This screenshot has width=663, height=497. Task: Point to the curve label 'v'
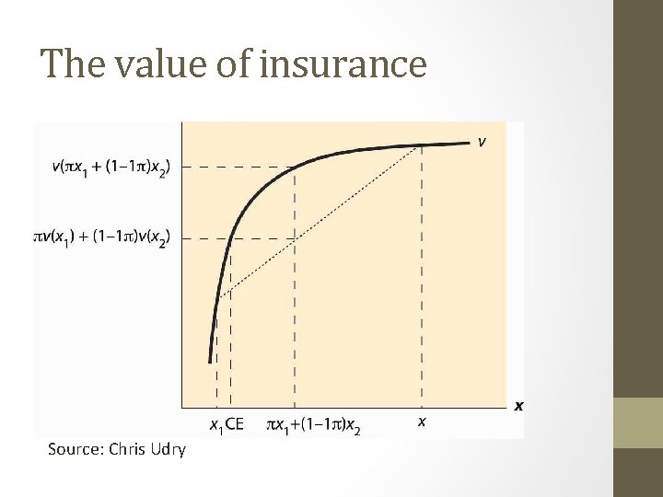(x=482, y=142)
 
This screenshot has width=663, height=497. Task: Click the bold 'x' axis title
(x=518, y=405)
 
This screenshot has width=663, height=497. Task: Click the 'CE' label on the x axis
(x=235, y=424)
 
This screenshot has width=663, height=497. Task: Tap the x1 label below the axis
(x=216, y=425)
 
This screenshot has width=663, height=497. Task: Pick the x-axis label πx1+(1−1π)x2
(x=313, y=425)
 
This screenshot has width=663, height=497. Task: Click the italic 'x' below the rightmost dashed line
(x=422, y=422)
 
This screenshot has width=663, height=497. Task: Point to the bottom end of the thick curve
(x=211, y=362)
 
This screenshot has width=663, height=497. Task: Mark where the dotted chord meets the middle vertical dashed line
(x=295, y=238)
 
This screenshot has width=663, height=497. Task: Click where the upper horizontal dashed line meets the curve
(x=295, y=167)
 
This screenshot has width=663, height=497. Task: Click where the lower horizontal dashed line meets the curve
(x=231, y=237)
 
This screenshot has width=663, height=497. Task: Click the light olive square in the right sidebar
(x=637, y=422)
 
